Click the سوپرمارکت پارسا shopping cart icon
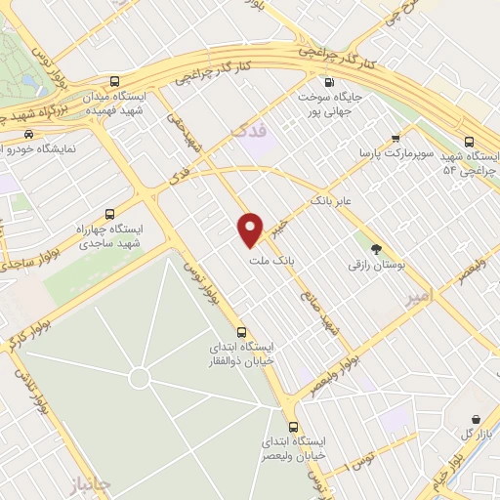pyautogui.click(x=396, y=139)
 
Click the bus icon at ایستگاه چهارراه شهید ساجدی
pyautogui.click(x=109, y=213)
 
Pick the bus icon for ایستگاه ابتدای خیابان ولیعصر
pyautogui.click(x=294, y=428)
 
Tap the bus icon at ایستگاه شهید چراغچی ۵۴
pyautogui.click(x=471, y=140)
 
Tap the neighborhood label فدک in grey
pyautogui.click(x=239, y=129)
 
